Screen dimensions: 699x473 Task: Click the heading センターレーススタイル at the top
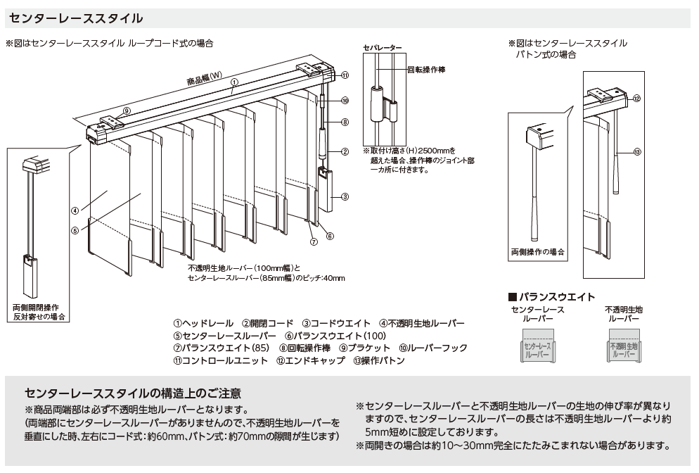click(76, 18)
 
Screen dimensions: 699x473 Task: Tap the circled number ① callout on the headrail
click(234, 82)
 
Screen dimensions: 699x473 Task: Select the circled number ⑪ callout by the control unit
click(345, 75)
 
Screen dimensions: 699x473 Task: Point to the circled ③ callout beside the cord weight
click(345, 197)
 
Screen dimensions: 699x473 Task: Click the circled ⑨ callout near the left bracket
click(127, 111)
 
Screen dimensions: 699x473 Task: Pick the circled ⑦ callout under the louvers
click(314, 242)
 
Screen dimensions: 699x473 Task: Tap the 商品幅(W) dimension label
click(204, 79)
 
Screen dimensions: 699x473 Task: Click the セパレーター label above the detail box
click(382, 48)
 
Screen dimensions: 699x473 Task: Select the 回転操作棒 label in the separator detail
click(427, 70)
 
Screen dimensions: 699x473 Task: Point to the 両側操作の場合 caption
click(538, 252)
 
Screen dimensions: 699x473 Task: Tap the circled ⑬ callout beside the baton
click(637, 152)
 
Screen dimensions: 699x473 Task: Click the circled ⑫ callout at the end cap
click(636, 98)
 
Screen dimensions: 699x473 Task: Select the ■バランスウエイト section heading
click(552, 297)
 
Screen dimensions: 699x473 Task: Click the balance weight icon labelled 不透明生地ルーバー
click(624, 346)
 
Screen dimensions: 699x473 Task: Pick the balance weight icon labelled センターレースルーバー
click(537, 346)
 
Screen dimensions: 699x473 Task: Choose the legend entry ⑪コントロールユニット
click(221, 360)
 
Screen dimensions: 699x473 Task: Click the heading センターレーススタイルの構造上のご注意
click(133, 393)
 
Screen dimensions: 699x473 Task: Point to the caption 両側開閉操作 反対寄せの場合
click(39, 313)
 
